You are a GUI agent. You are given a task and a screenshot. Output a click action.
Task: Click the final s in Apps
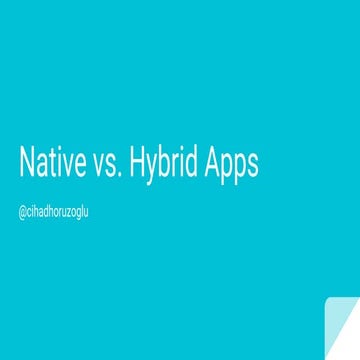point(253,167)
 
